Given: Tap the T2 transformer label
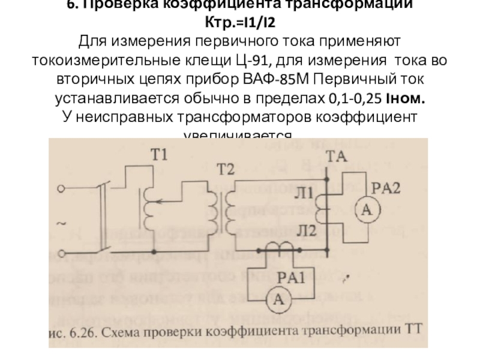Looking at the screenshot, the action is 226,169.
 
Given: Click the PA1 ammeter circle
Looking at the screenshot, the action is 278,300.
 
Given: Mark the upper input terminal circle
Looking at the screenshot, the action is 61,189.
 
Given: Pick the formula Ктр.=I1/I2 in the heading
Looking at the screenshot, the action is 240,24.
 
